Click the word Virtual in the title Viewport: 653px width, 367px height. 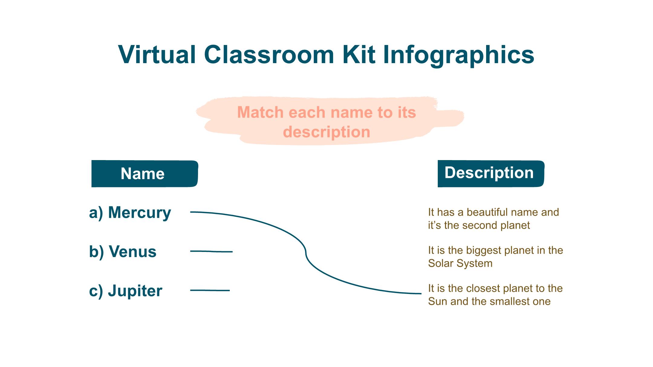pos(157,55)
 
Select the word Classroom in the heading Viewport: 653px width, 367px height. pos(269,55)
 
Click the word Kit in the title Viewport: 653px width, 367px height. pos(359,55)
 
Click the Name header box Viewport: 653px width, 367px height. pos(145,174)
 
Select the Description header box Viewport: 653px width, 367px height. pos(491,174)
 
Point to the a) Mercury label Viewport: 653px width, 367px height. pos(130,213)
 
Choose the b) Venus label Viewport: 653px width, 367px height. pos(122,252)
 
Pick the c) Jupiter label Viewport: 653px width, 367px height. pos(125,291)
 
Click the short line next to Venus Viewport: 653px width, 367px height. pos(211,251)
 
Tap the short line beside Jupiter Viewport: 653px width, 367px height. pos(210,290)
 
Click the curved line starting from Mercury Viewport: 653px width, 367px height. pos(306,252)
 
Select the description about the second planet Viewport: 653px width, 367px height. pos(493,219)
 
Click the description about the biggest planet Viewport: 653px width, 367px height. pos(495,257)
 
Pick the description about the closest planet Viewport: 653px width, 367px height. pos(495,295)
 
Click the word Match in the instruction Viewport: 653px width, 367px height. pos(260,112)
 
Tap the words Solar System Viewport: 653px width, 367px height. pos(460,263)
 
